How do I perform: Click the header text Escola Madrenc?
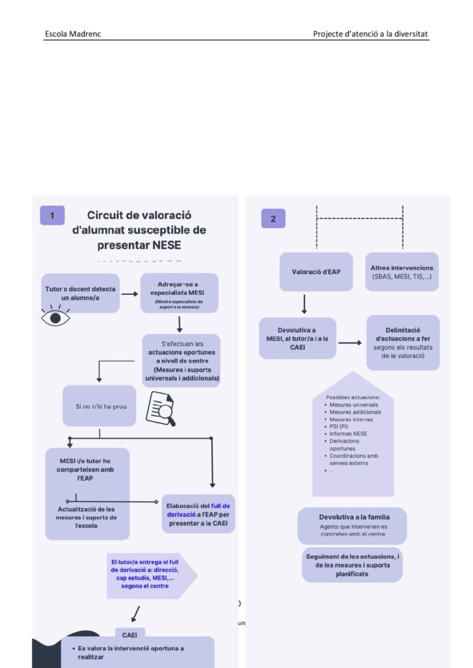[x=73, y=33]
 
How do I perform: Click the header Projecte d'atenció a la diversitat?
[x=370, y=33]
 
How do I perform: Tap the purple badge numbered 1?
[x=52, y=215]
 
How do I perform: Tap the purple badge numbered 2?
[x=273, y=219]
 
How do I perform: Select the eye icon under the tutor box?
[x=56, y=318]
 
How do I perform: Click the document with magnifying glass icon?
[x=160, y=408]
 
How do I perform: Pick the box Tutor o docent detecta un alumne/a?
[x=80, y=293]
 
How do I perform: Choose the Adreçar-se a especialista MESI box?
[x=179, y=293]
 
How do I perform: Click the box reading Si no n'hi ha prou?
[x=99, y=406]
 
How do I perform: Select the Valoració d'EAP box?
[x=316, y=271]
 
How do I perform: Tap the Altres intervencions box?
[x=401, y=271]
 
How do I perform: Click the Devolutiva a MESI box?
[x=297, y=338]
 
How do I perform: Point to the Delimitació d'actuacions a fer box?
[x=402, y=342]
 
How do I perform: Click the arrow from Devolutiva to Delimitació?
[x=350, y=342]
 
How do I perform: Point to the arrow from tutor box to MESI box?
[x=130, y=293]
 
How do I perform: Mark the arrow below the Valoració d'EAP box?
[x=304, y=303]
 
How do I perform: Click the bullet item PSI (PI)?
[x=339, y=426]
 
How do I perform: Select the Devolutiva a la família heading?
[x=353, y=517]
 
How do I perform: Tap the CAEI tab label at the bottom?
[x=130, y=633]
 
